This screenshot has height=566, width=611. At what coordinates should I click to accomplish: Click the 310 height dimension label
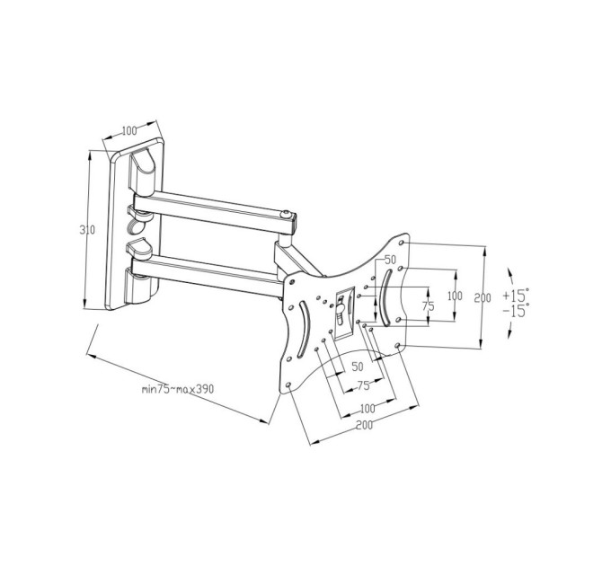pyautogui.click(x=87, y=230)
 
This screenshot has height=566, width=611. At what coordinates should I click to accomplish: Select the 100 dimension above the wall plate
pyautogui.click(x=129, y=131)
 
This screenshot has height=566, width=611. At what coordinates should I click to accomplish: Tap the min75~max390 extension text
pyautogui.click(x=178, y=389)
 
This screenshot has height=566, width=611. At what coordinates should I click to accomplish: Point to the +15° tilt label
pyautogui.click(x=516, y=295)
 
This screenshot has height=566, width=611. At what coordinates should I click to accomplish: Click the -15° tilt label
pyautogui.click(x=516, y=311)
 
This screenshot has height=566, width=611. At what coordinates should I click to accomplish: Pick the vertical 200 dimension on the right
pyautogui.click(x=483, y=298)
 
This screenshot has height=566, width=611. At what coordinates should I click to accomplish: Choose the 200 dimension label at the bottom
pyautogui.click(x=364, y=425)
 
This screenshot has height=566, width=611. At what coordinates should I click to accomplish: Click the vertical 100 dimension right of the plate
pyautogui.click(x=455, y=296)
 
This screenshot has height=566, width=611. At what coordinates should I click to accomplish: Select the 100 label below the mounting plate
pyautogui.click(x=367, y=409)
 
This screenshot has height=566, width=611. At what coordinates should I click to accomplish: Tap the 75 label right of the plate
pyautogui.click(x=428, y=306)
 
